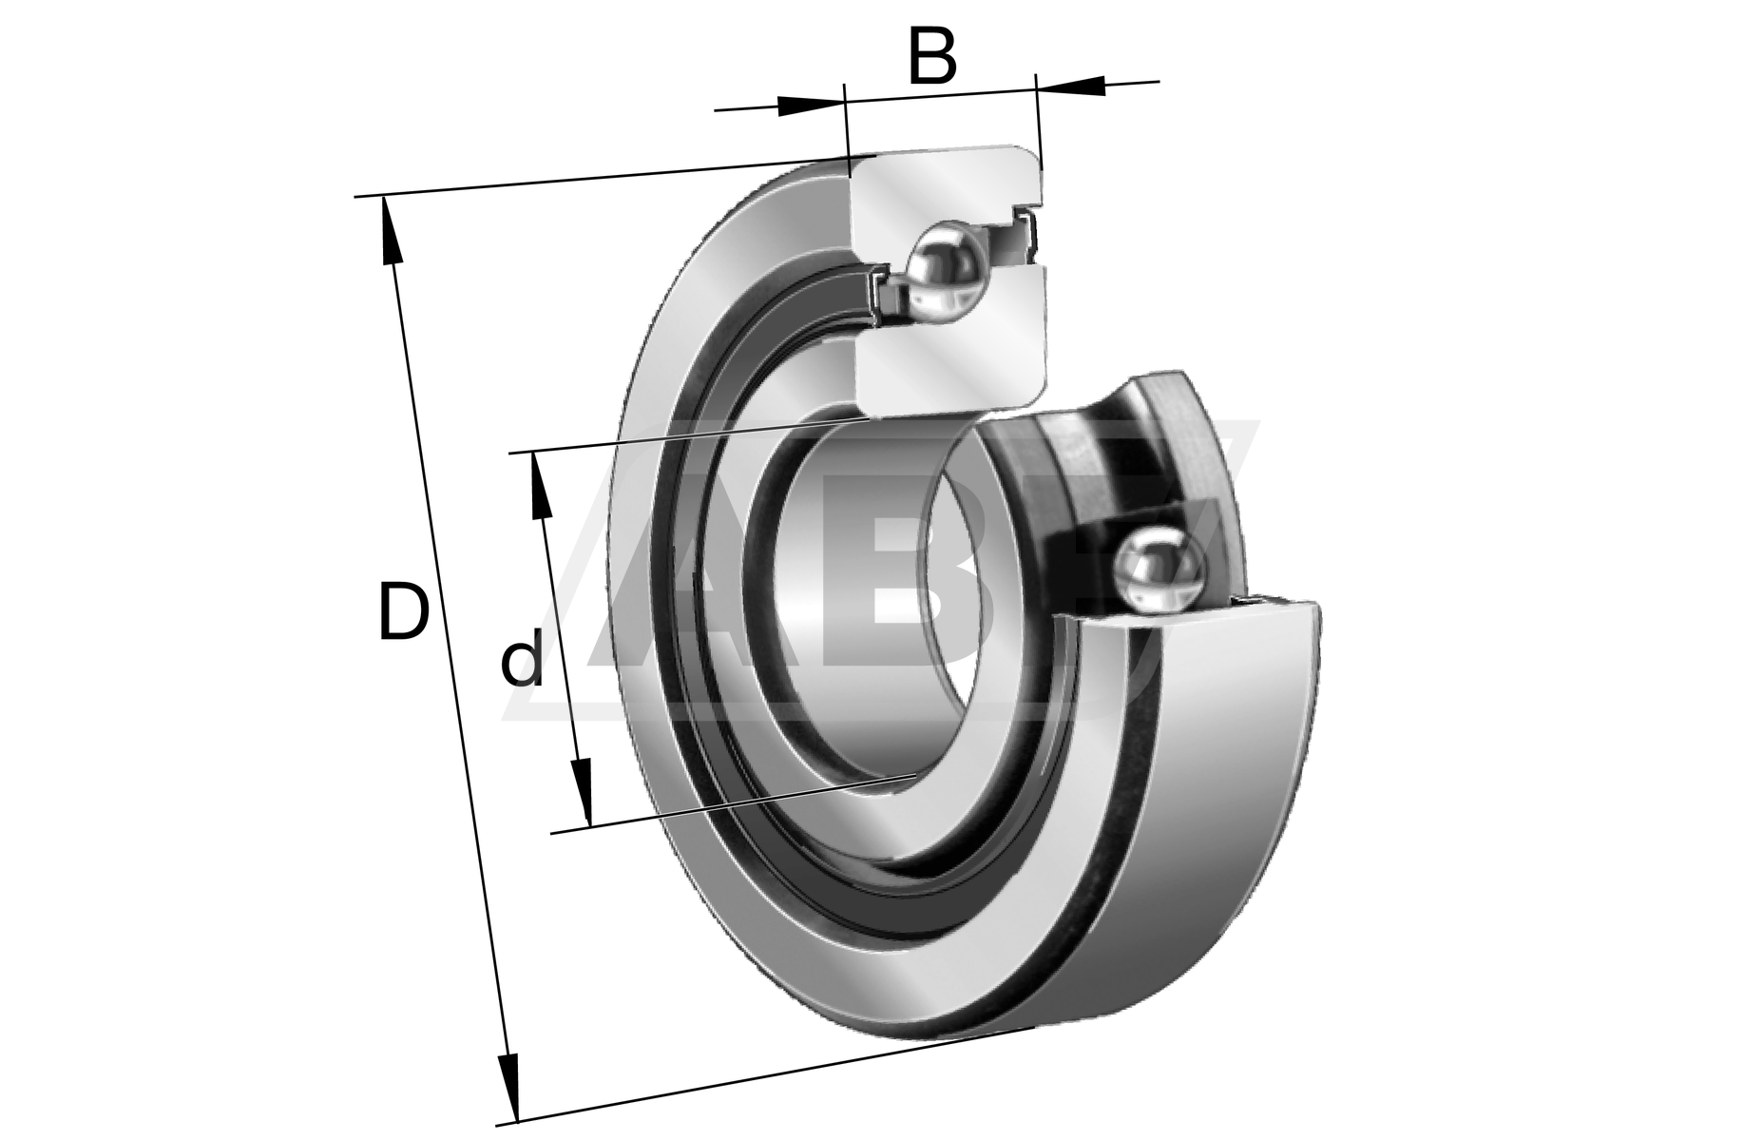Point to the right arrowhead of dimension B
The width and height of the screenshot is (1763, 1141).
click(1071, 86)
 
